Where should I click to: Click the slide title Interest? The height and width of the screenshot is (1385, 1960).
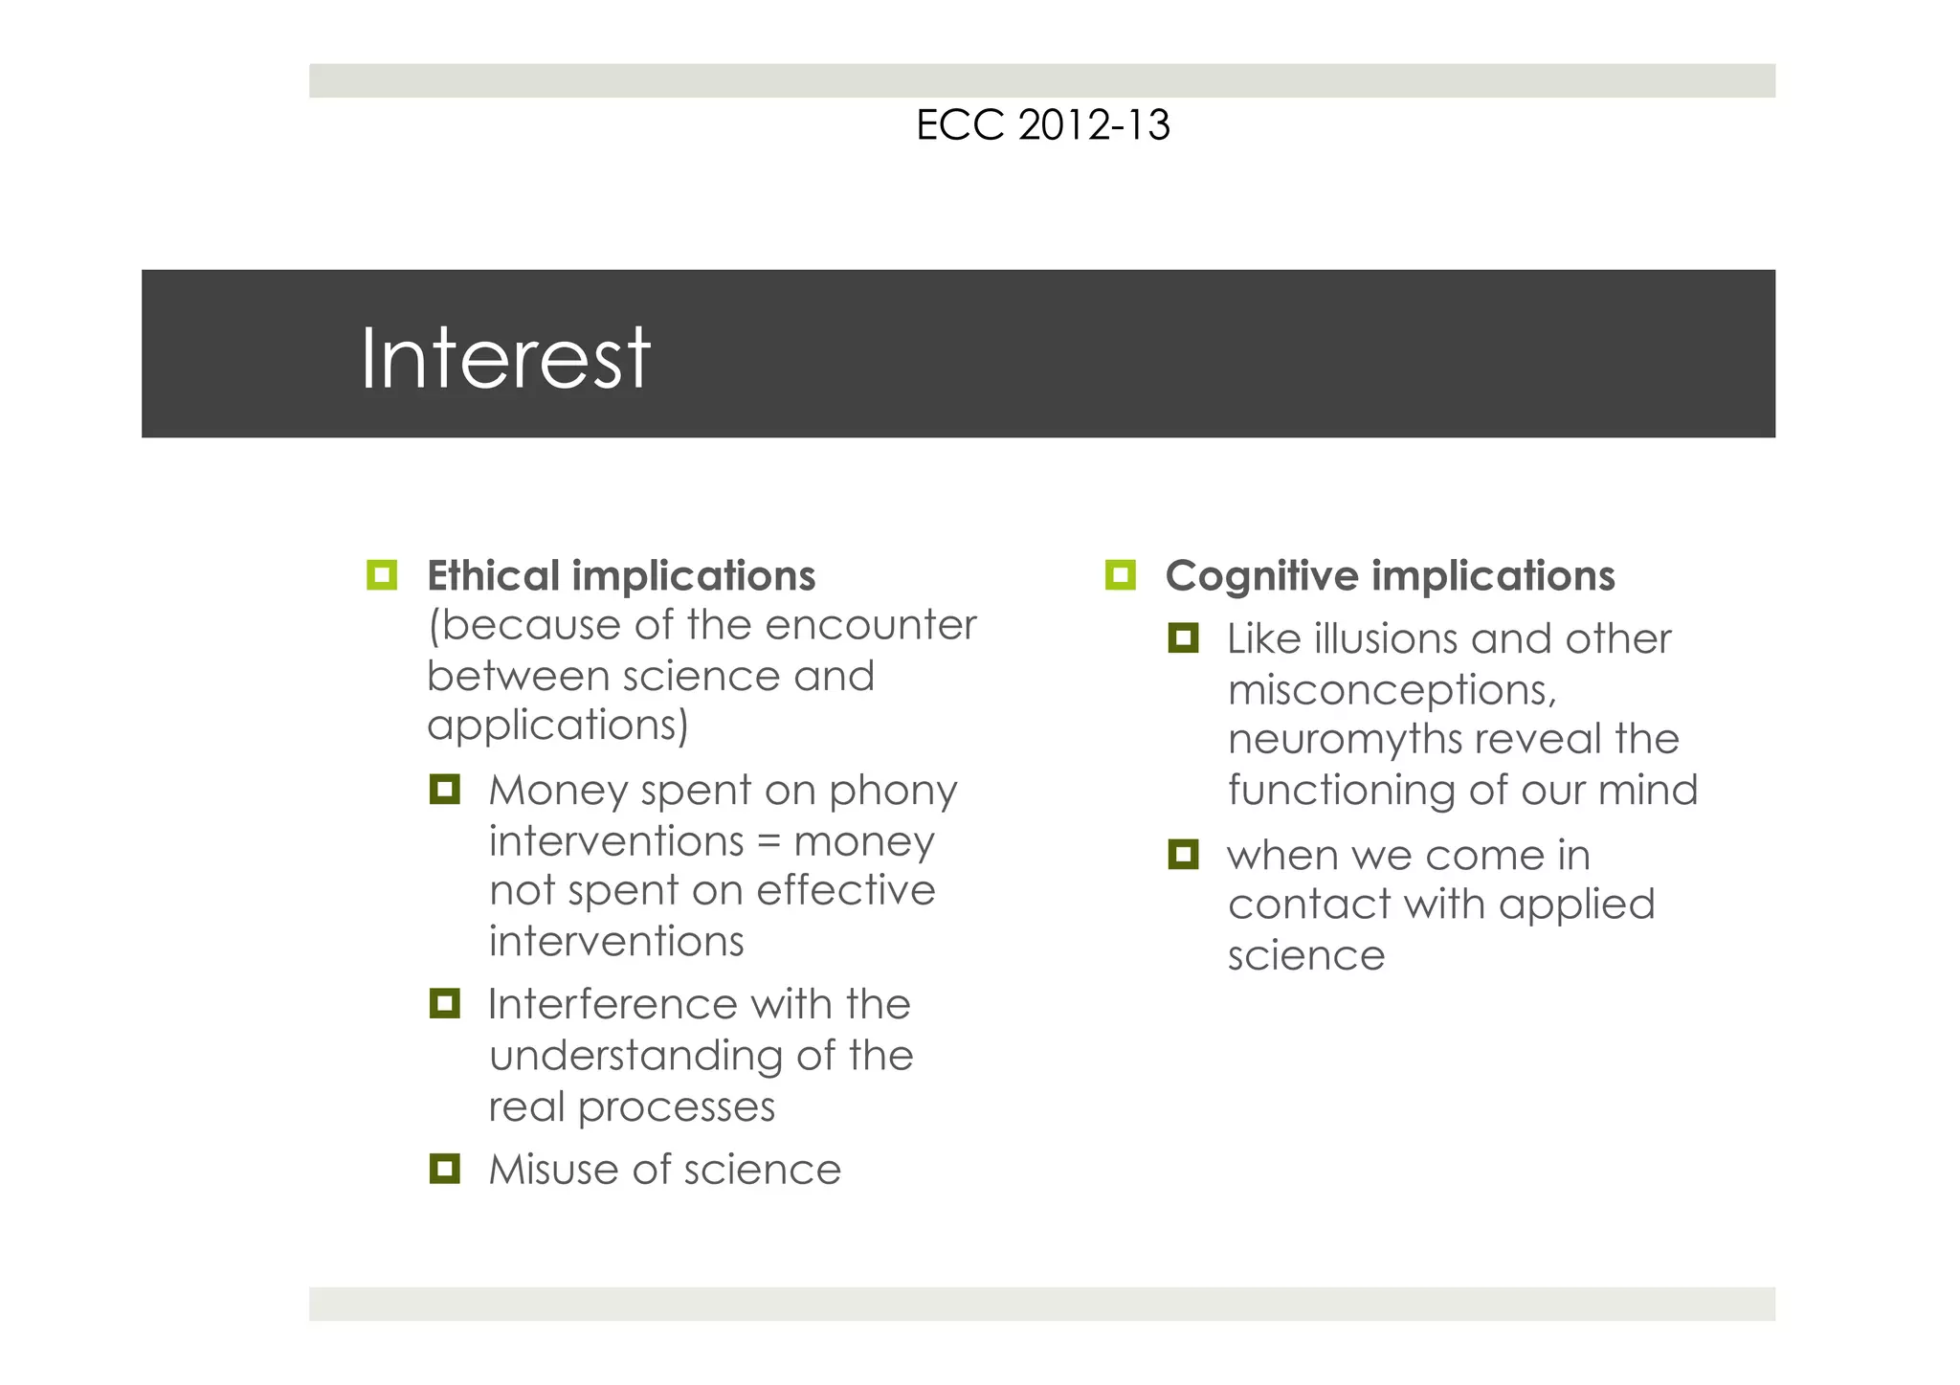tap(504, 359)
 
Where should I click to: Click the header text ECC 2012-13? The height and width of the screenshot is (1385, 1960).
tap(1042, 125)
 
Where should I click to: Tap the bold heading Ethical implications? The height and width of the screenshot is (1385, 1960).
tap(621, 576)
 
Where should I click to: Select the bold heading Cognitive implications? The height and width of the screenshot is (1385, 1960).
tap(1390, 576)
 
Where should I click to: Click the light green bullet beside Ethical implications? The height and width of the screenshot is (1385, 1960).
tap(382, 575)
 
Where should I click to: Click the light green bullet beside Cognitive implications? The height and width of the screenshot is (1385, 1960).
tap(1120, 575)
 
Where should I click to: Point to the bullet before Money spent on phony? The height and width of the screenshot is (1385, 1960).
tap(445, 790)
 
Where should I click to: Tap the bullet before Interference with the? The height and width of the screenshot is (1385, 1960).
tap(445, 1003)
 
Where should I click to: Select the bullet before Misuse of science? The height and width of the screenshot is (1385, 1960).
tap(445, 1169)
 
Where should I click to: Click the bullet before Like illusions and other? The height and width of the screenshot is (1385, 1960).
tap(1184, 638)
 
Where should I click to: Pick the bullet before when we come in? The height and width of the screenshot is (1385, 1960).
tap(1184, 854)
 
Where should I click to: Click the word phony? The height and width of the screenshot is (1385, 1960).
tap(893, 792)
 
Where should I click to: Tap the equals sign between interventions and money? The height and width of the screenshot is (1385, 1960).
tap(768, 842)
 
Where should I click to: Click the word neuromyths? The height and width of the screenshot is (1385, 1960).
tap(1344, 740)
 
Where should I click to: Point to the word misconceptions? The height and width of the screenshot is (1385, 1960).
tap(1392, 690)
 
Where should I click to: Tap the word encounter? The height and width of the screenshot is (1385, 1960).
tap(870, 626)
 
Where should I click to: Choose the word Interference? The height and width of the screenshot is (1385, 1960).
tap(612, 1004)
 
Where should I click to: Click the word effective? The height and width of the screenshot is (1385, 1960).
tap(845, 891)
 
